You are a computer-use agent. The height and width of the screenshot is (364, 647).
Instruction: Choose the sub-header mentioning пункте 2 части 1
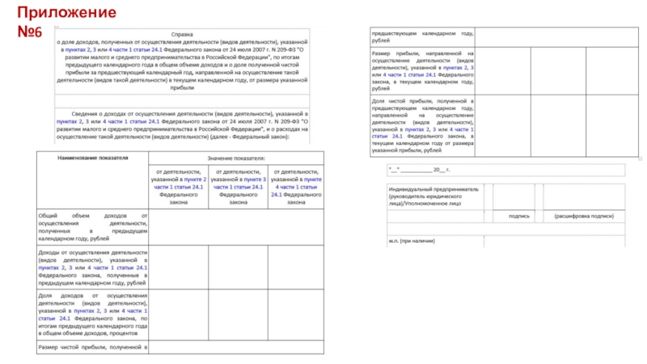[180, 187]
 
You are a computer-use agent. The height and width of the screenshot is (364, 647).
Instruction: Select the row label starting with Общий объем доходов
[92, 227]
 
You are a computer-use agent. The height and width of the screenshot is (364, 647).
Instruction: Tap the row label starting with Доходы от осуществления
[92, 267]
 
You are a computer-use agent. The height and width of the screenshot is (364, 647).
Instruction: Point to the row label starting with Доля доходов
[92, 310]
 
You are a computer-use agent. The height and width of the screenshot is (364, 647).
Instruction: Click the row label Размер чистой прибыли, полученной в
[92, 347]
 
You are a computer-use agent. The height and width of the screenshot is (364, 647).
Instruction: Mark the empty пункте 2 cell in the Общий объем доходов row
[180, 227]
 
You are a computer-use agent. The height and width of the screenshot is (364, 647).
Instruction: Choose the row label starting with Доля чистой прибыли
[422, 125]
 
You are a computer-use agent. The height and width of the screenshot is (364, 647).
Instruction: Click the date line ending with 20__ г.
[419, 170]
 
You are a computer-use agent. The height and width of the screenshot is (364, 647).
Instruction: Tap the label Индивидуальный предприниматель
[433, 188]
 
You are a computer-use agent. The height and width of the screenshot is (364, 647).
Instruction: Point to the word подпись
[519, 216]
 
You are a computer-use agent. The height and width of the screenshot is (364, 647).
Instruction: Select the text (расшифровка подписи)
[584, 216]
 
